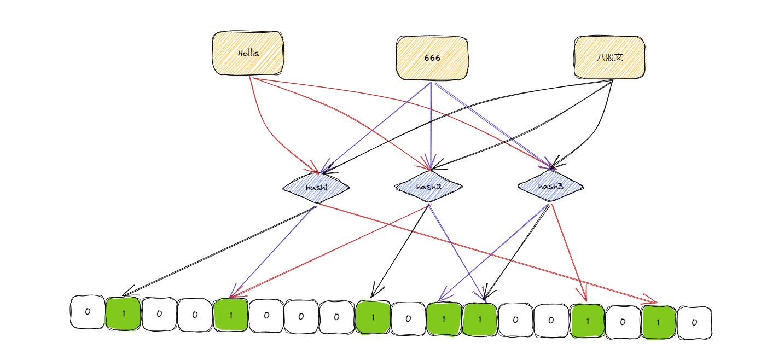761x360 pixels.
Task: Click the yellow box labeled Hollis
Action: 248,54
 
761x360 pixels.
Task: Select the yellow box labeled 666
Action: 432,57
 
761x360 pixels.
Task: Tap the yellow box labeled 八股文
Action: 609,57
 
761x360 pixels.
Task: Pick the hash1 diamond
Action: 316,188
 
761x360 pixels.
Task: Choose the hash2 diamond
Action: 428,187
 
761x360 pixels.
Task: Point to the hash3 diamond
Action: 550,187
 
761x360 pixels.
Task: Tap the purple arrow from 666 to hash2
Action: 431,126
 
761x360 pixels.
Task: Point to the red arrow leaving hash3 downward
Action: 569,252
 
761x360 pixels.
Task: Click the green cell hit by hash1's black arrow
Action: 123,313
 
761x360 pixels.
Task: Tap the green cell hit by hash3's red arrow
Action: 587,321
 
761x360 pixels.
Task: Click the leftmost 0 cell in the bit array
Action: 87,312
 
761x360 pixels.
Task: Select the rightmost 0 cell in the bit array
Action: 694,322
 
